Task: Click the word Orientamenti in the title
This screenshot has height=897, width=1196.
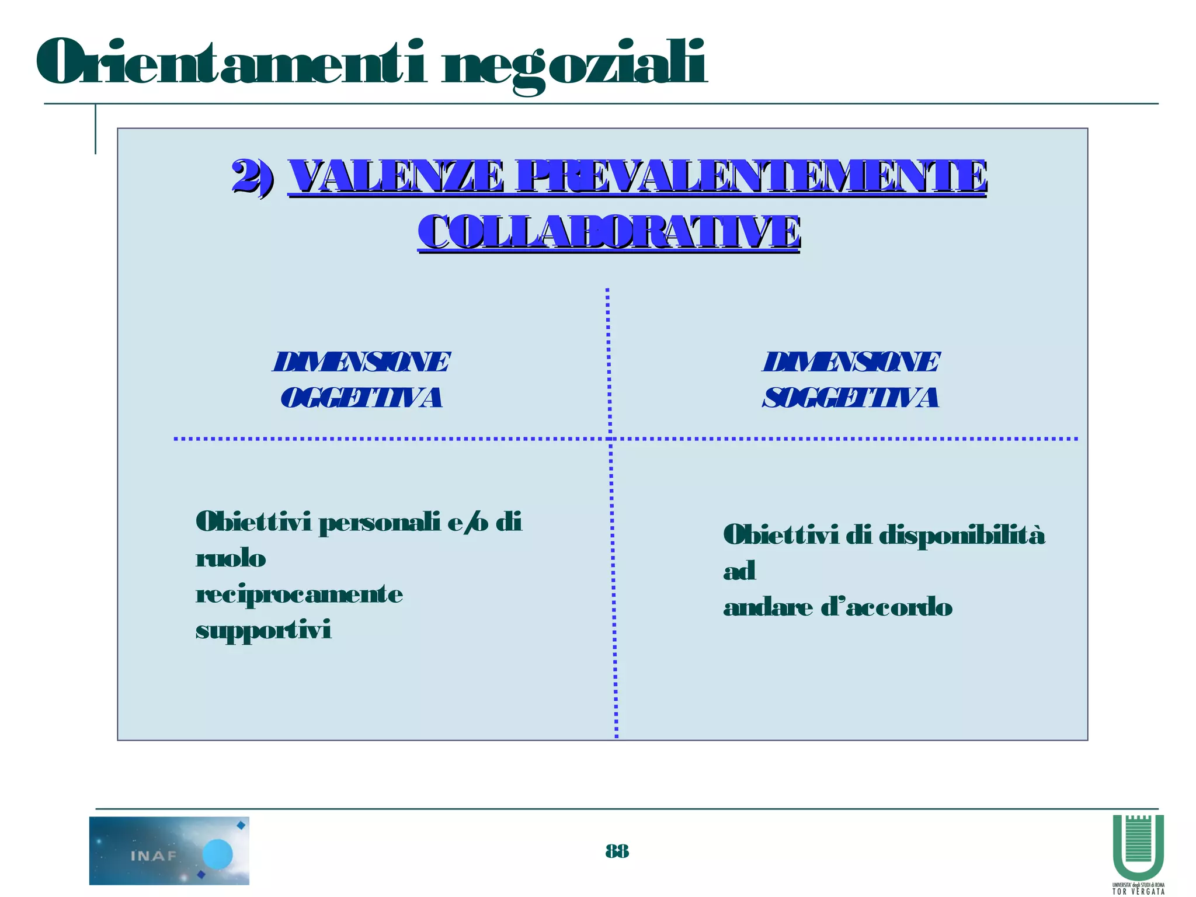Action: [231, 62]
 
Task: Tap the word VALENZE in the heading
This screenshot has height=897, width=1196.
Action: [396, 176]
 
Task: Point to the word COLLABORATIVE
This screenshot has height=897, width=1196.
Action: [609, 232]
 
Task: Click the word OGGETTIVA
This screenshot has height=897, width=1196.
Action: [361, 398]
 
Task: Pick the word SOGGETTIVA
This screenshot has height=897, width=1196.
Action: [851, 398]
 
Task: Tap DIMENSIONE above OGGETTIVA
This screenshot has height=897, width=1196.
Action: [361, 362]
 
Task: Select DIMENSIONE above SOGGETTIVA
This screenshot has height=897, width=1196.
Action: [851, 362]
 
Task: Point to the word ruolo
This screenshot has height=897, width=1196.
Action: [231, 559]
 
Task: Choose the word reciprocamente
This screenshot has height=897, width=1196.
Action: [299, 595]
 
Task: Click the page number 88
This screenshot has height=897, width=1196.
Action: [617, 851]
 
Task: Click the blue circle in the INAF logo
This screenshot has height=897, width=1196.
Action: [217, 854]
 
